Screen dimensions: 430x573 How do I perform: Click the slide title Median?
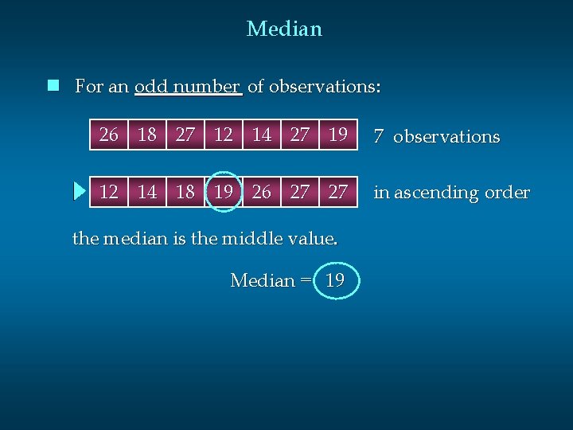click(x=284, y=29)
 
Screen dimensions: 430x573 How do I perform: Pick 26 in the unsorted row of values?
click(x=109, y=135)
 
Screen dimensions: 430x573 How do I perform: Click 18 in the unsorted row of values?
click(x=147, y=135)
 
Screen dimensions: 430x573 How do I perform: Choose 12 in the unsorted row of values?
click(x=224, y=135)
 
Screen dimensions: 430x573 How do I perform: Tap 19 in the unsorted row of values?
click(x=338, y=135)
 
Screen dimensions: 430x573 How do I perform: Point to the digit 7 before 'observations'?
click(x=380, y=137)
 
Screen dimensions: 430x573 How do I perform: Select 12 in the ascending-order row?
click(x=109, y=192)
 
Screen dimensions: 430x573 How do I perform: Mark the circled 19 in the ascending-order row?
click(x=224, y=192)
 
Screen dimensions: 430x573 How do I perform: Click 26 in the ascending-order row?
click(x=262, y=192)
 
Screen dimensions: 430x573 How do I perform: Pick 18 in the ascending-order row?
click(x=185, y=192)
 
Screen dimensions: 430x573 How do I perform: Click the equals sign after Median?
click(x=306, y=281)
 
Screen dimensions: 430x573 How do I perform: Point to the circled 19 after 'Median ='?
click(x=336, y=280)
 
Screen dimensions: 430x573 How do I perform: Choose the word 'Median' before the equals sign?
click(x=262, y=280)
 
